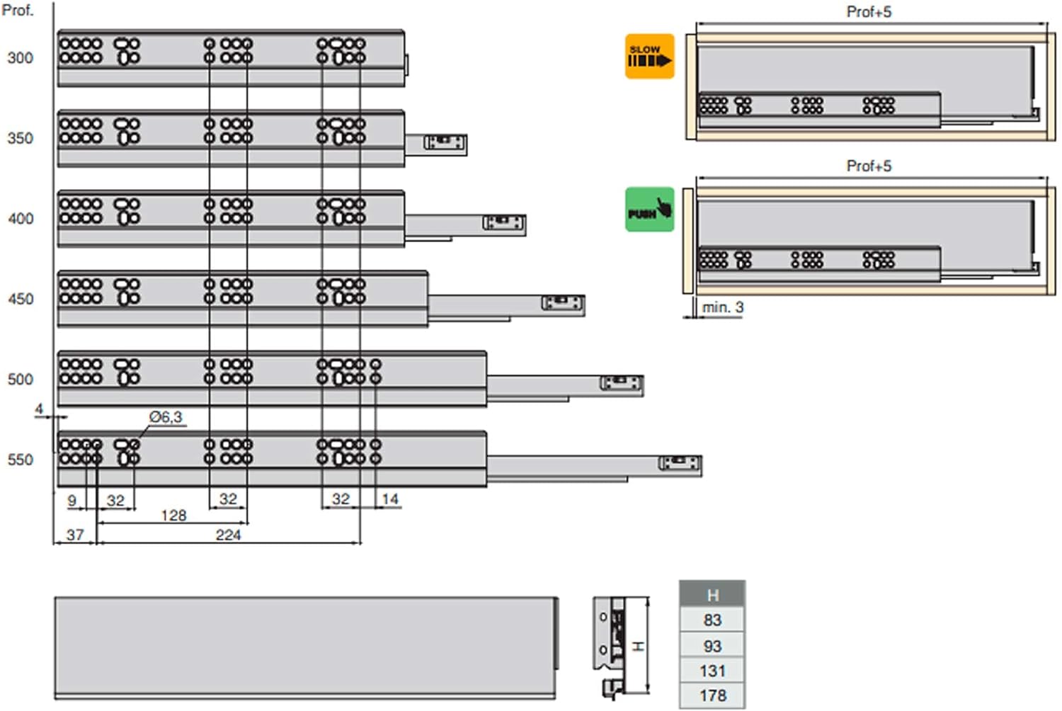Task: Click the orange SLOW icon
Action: [x=649, y=56]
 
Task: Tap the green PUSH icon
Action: [x=649, y=210]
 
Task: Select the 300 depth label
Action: [x=20, y=58]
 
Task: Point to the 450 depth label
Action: [x=20, y=299]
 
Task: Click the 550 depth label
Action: [x=20, y=460]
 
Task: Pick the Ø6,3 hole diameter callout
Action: [x=166, y=417]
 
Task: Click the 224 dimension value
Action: [x=228, y=535]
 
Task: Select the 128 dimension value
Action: [x=173, y=516]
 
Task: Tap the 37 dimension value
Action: [x=75, y=535]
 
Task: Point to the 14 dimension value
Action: [x=390, y=499]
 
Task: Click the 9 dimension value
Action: [x=72, y=501]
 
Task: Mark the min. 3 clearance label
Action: [x=722, y=307]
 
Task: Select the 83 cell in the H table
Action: [x=712, y=620]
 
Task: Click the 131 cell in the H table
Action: [x=712, y=671]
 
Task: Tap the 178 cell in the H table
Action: [x=712, y=695]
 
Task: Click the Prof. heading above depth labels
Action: [x=17, y=11]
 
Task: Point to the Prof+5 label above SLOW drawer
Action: [x=869, y=12]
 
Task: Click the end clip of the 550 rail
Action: [x=680, y=464]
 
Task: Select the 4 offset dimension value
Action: [x=39, y=409]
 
